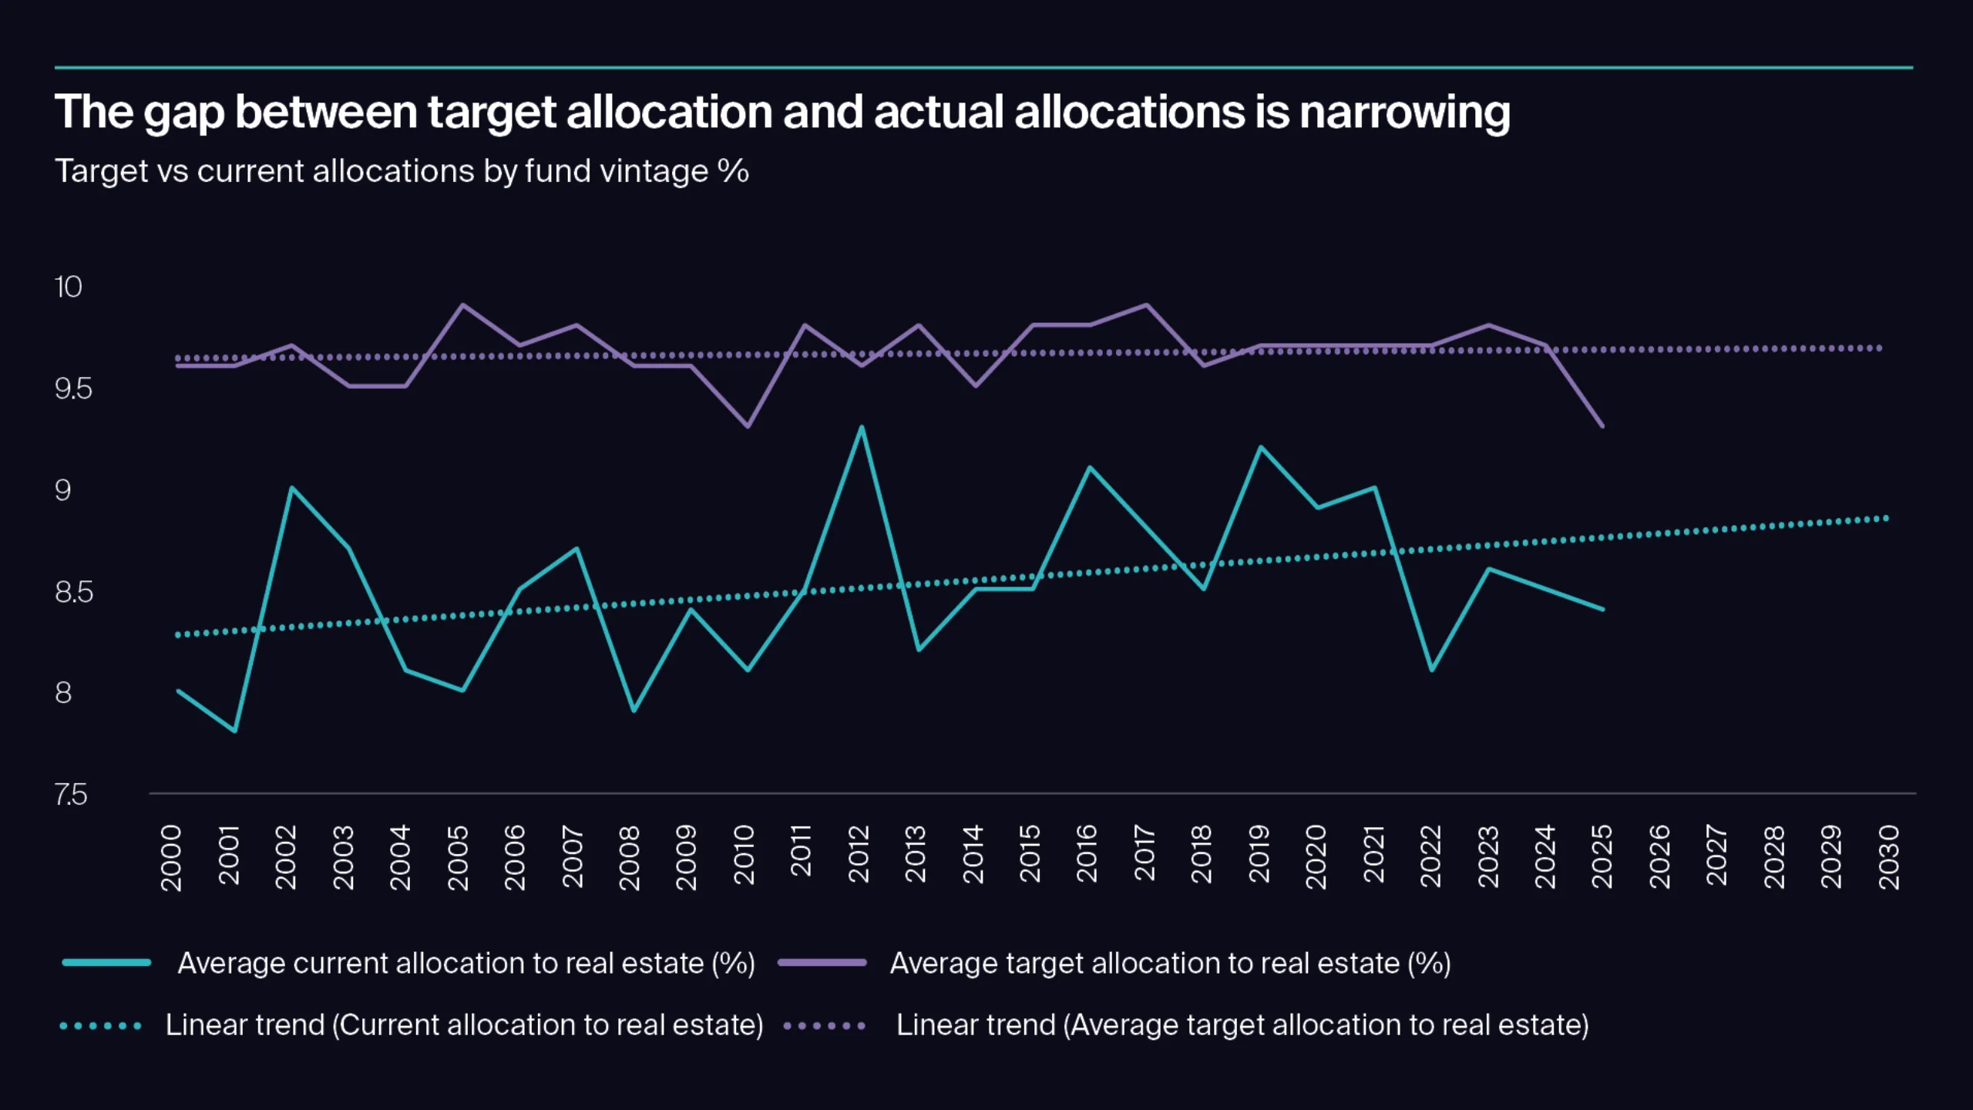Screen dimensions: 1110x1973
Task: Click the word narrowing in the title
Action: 1404,113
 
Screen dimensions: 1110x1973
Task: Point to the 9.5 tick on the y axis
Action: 73,389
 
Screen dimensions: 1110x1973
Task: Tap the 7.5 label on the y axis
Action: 71,795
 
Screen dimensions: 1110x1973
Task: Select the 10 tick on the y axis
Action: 68,288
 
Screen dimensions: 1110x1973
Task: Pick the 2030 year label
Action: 1888,856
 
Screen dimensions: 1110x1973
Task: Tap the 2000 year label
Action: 171,857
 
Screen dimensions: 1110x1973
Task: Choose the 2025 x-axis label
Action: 1602,856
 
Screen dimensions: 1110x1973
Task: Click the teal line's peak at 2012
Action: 861,427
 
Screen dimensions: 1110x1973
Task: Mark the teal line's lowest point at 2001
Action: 235,731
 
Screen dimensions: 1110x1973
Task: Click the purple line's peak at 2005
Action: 462,304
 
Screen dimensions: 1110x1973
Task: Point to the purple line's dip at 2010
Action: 748,426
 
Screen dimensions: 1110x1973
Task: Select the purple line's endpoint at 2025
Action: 1602,425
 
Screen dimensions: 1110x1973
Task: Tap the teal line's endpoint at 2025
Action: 1602,609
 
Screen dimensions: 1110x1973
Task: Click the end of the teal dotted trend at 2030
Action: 1886,519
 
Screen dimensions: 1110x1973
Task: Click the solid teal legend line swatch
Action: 106,962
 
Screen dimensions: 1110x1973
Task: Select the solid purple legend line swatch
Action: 822,962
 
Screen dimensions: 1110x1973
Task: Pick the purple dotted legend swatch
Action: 824,1026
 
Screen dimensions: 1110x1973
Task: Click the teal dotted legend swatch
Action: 101,1026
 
